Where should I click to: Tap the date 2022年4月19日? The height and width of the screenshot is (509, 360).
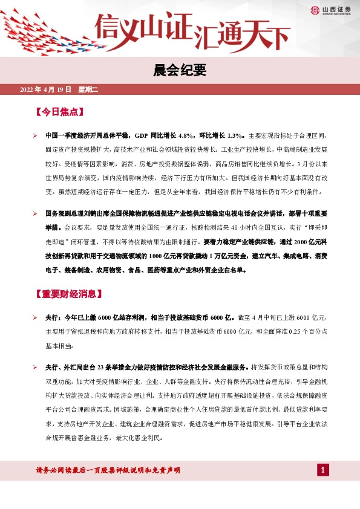pos(46,90)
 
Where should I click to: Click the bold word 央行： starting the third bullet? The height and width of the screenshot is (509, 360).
pos(54,316)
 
